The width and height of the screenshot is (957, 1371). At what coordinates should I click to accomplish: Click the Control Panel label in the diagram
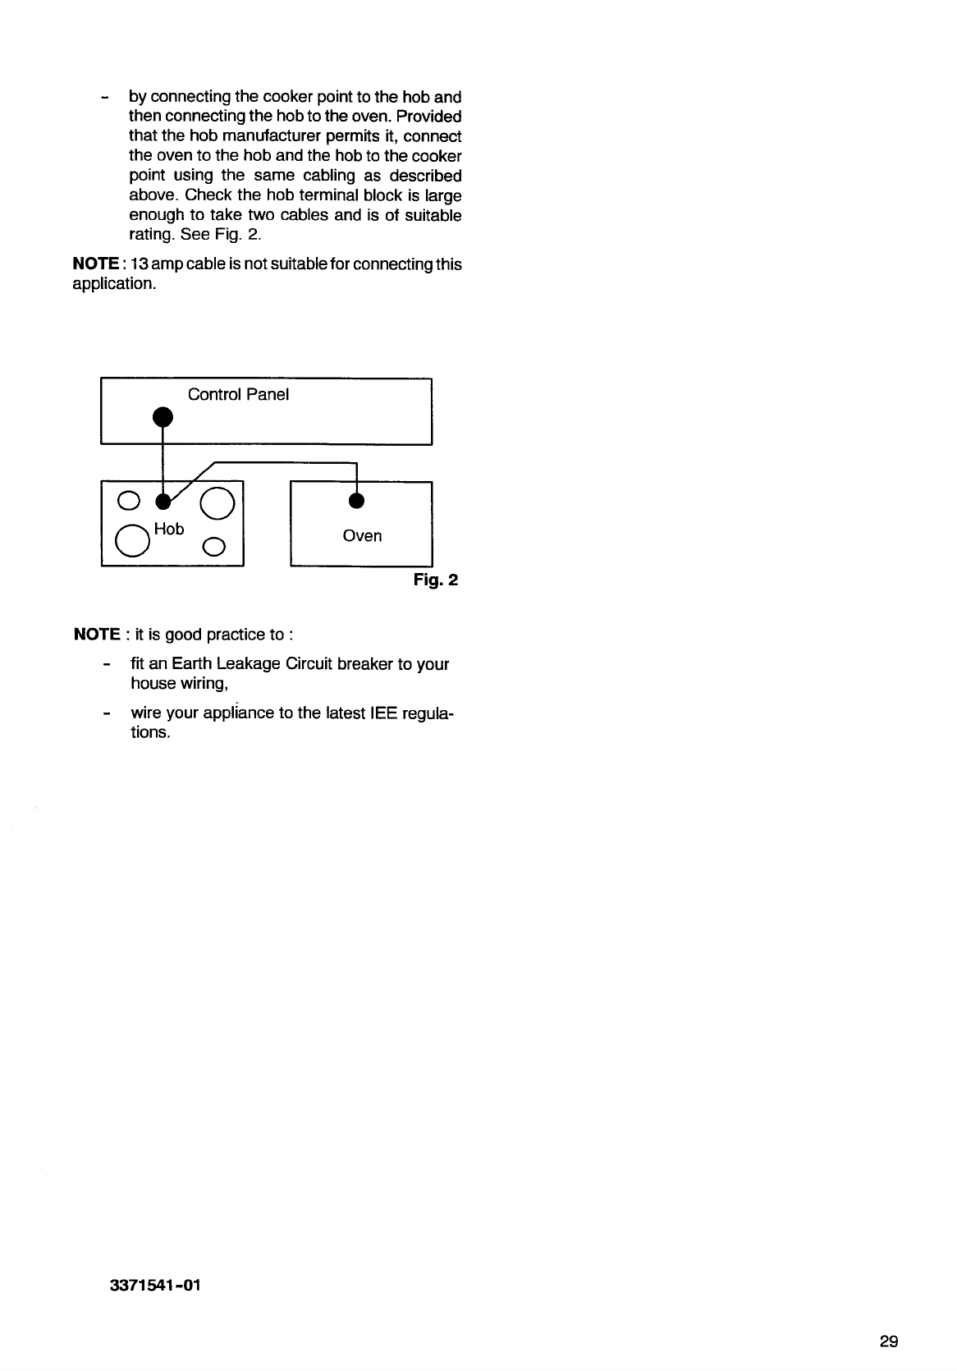238,395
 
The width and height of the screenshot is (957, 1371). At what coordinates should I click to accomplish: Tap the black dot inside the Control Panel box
163,416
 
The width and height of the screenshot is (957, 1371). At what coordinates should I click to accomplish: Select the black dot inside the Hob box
163,500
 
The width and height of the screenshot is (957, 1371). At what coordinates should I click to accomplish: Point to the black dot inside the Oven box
356,500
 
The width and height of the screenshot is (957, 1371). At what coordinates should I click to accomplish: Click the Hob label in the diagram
169,530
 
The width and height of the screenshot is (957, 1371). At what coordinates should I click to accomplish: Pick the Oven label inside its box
362,536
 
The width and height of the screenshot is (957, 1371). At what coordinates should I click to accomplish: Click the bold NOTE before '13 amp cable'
97,264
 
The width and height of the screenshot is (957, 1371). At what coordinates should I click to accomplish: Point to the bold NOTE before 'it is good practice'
97,635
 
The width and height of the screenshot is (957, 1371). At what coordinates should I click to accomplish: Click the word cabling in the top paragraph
340,176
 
